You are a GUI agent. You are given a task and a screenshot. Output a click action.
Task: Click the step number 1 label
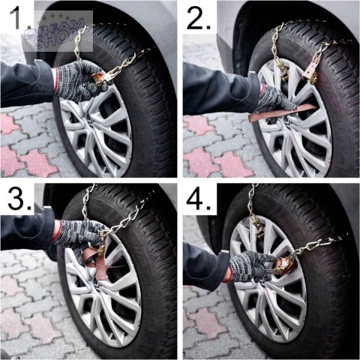(20, 18)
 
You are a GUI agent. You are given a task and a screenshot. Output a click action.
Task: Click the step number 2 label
(199, 18)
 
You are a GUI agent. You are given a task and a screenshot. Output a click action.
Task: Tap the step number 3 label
(20, 199)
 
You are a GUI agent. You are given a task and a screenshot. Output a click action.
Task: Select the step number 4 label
(199, 199)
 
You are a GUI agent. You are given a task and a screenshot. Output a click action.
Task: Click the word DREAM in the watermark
(55, 29)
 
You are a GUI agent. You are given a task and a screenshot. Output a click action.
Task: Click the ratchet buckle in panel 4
(282, 265)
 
